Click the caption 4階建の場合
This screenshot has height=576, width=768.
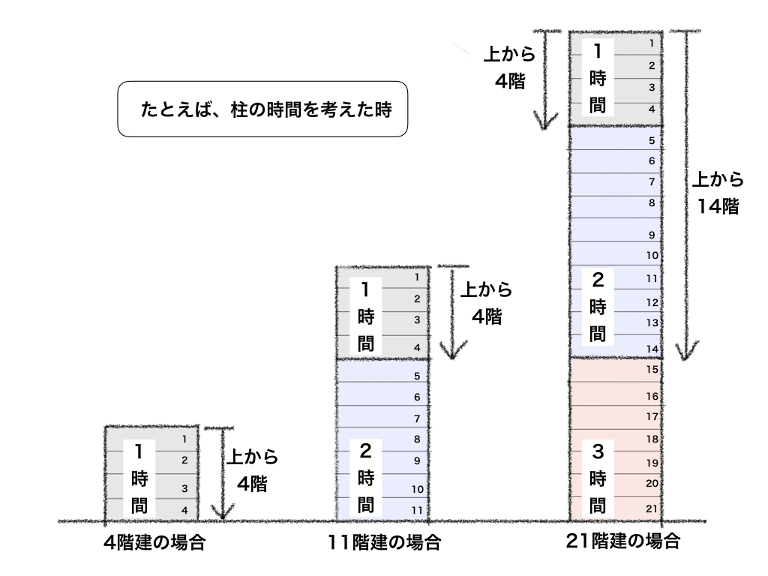[x=154, y=541]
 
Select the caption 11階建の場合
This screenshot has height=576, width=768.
[x=384, y=541]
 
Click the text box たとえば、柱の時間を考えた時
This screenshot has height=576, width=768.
[x=262, y=108]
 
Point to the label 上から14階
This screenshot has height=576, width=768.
[x=717, y=193]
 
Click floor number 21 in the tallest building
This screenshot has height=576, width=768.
[x=652, y=508]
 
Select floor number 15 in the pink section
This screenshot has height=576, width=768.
[x=652, y=369]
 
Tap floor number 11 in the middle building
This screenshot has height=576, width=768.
[x=418, y=509]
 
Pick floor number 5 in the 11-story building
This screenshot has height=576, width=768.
[x=418, y=376]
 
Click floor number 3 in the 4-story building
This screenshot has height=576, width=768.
[x=184, y=488]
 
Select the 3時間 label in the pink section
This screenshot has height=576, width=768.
[x=598, y=477]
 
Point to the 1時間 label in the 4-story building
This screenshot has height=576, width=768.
[x=138, y=477]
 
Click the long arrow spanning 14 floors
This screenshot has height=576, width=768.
[x=682, y=195]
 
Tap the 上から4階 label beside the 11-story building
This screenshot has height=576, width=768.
[x=486, y=302]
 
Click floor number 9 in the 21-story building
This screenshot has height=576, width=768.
[x=652, y=235]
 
